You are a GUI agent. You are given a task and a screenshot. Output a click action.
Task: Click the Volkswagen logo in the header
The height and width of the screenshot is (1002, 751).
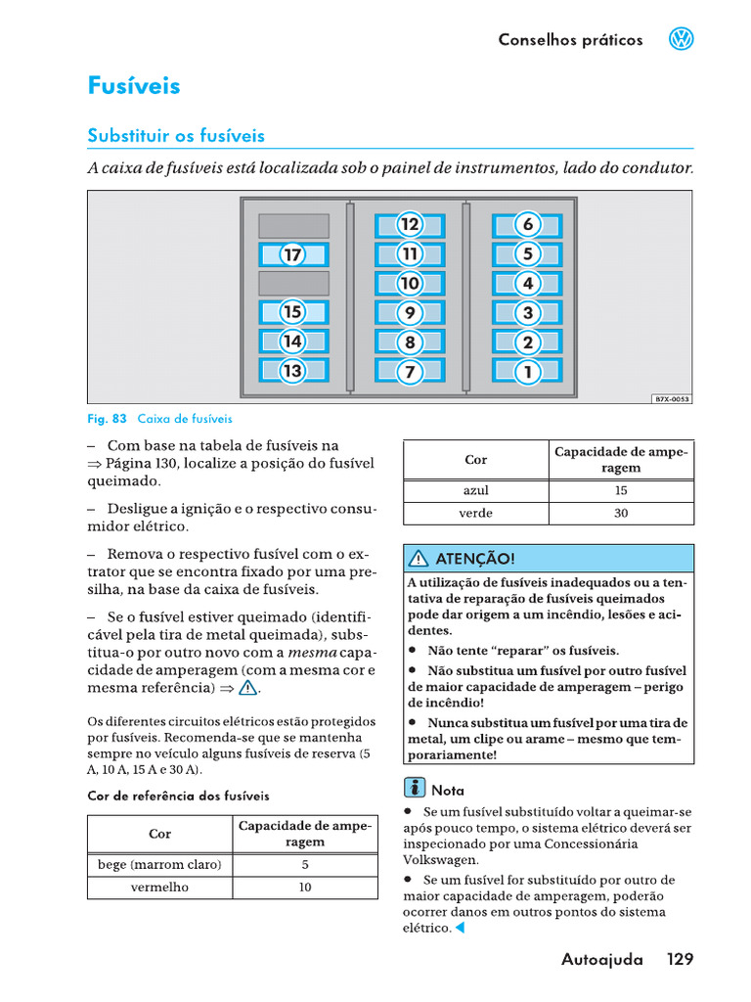pos(681,39)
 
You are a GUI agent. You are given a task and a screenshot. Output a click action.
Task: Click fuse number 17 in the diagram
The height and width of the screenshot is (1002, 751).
pos(292,255)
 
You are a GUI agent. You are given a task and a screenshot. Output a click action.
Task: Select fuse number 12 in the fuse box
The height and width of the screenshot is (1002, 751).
pos(410,225)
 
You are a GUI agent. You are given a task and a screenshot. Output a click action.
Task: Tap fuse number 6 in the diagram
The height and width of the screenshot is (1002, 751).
pos(527,225)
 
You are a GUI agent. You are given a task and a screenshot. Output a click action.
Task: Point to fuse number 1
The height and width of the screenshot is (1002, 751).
pos(527,372)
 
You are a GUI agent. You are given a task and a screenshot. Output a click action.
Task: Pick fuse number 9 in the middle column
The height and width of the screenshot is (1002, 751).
pos(410,313)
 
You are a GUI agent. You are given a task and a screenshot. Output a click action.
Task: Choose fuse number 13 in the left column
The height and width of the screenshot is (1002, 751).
pos(292,371)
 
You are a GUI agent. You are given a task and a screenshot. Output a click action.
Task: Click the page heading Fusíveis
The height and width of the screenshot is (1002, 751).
pos(134,86)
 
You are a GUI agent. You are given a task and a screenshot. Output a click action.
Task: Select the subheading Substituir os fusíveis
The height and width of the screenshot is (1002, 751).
pos(176,136)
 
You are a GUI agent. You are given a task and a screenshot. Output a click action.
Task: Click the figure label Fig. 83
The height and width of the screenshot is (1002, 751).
pos(108,419)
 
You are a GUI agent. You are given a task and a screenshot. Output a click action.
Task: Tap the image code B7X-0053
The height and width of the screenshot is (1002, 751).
pos(672,399)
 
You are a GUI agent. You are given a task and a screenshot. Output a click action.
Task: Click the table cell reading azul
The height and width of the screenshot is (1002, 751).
pos(476,491)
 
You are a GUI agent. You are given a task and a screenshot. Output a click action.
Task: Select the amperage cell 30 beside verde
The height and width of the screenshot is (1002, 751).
pos(621,514)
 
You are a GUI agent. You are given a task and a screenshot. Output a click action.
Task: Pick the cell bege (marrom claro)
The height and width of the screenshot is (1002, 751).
pos(159,865)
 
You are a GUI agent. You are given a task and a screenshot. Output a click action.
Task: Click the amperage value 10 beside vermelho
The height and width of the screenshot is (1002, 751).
pos(305,888)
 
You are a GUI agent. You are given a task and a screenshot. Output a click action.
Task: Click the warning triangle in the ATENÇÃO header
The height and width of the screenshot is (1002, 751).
pos(420,559)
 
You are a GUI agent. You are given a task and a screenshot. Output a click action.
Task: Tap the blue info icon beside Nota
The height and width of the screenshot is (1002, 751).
pos(415,789)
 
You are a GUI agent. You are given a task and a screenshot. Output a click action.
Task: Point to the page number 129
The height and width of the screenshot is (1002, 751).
pos(681,959)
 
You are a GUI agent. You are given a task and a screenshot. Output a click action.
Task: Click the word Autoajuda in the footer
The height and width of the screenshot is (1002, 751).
pos(602,960)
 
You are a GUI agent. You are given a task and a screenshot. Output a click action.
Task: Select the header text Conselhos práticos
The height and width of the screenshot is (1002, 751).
pos(570,40)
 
